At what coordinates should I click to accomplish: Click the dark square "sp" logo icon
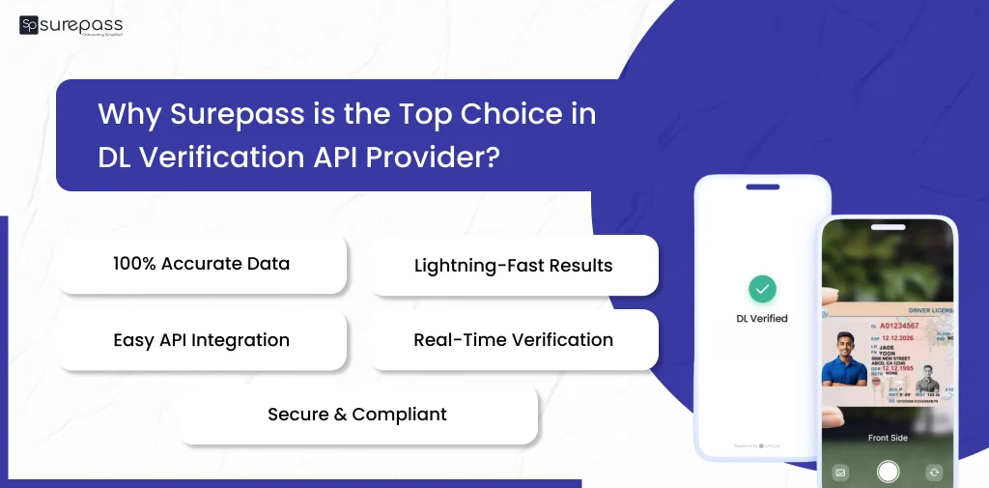[x=28, y=25]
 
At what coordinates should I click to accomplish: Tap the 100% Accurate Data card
[x=201, y=264]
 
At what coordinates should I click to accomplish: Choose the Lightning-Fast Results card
[x=513, y=266]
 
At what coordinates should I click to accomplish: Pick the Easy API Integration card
[x=201, y=340]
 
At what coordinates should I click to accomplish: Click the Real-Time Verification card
[x=513, y=340]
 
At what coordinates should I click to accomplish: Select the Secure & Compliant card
[x=357, y=415]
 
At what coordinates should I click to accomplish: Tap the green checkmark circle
[x=763, y=288]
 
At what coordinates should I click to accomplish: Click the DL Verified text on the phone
[x=763, y=318]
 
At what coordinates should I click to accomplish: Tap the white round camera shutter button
[x=888, y=472]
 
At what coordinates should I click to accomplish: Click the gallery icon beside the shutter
[x=840, y=473]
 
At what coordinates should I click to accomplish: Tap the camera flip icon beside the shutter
[x=934, y=473]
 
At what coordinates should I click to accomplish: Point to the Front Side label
[x=888, y=438]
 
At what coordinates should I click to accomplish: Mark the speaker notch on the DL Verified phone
[x=762, y=187]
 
